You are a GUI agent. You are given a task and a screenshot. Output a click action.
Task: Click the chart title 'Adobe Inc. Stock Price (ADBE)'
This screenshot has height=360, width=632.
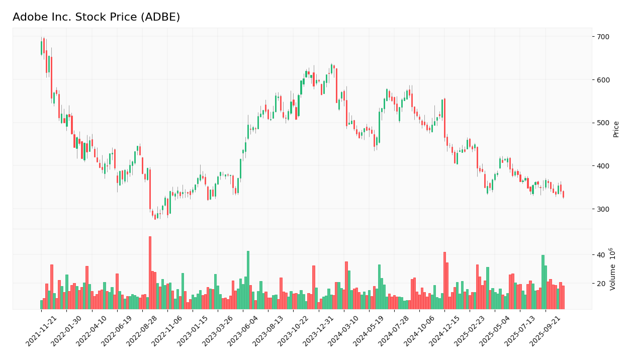pyautogui.click(x=96, y=18)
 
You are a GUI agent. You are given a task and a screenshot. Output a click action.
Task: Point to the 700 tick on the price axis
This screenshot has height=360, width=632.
pyautogui.click(x=603, y=37)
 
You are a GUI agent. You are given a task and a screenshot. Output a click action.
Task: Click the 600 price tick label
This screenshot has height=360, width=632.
pyautogui.click(x=603, y=80)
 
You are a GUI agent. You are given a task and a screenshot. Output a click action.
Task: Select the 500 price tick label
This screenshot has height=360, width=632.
pyautogui.click(x=603, y=123)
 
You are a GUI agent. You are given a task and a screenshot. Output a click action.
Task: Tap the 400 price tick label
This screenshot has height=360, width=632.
pyautogui.click(x=603, y=166)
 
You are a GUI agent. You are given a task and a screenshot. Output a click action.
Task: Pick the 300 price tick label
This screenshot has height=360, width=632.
pyautogui.click(x=603, y=209)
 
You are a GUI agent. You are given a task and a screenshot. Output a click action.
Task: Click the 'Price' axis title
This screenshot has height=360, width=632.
pyautogui.click(x=616, y=129)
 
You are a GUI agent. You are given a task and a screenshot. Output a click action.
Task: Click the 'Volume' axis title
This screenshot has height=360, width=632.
pyautogui.click(x=613, y=268)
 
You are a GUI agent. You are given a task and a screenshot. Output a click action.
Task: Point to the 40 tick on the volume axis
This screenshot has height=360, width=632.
pyautogui.click(x=601, y=255)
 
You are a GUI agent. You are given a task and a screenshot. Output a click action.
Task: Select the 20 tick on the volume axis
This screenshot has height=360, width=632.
pyautogui.click(x=601, y=284)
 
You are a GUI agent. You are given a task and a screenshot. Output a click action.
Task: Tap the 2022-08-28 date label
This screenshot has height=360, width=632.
pyautogui.click(x=142, y=332)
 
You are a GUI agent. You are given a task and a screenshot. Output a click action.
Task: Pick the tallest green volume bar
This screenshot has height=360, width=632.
pyautogui.click(x=248, y=280)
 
